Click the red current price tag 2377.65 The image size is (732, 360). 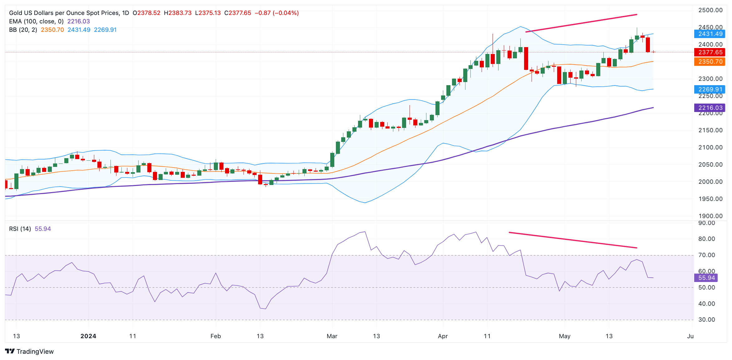tap(710, 52)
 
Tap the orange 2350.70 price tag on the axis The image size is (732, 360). tap(710, 61)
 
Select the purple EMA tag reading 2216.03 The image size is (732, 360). tap(710, 108)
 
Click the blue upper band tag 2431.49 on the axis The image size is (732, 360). tap(710, 34)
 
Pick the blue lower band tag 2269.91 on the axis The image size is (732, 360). tap(710, 89)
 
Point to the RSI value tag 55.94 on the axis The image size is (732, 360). tap(706, 278)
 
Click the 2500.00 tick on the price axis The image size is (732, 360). tap(710, 10)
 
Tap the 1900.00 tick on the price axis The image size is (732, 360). tap(710, 216)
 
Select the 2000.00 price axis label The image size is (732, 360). tap(710, 182)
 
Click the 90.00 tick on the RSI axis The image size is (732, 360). tap(707, 223)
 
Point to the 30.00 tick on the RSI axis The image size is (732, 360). tap(707, 319)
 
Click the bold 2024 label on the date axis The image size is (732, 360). tap(88, 336)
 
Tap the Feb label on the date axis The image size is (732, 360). tap(216, 336)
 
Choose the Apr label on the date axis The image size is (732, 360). tap(443, 336)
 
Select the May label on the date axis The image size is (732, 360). tap(565, 336)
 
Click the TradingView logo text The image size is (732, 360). tap(35, 351)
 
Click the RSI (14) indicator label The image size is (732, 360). tap(20, 229)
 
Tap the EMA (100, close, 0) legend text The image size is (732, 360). tap(36, 21)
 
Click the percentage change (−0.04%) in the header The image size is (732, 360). tap(286, 13)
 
